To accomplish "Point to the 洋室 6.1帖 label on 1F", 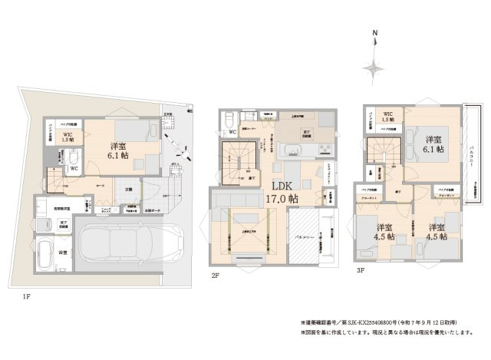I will click(x=120, y=150).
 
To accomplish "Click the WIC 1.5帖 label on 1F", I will click(x=67, y=138).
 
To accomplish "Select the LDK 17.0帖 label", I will click(x=282, y=192).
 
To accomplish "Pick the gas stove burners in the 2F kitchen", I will click(x=324, y=148).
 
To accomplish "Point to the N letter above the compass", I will click(x=374, y=33).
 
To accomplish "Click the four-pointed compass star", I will click(x=374, y=68).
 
